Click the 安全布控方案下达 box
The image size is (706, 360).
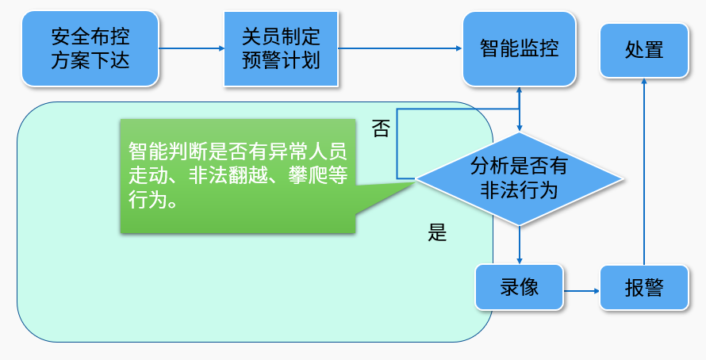(x=90, y=48)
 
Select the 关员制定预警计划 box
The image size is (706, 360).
(x=281, y=48)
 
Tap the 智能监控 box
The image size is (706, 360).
(x=519, y=48)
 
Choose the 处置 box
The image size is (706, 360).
(x=644, y=51)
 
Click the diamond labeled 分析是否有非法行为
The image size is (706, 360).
(x=519, y=178)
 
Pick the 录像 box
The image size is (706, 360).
(x=519, y=287)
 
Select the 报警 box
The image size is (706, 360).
(x=644, y=288)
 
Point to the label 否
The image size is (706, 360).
(x=381, y=128)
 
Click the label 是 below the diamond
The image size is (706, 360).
(x=437, y=232)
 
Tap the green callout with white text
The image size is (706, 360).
(x=238, y=176)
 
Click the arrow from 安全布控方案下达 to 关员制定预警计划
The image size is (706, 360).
(x=191, y=48)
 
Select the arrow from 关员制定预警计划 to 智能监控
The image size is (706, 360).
(x=401, y=48)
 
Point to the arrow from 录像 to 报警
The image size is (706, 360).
(x=581, y=291)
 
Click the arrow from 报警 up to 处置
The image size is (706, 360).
(x=644, y=171)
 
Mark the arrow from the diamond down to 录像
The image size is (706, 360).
(x=519, y=245)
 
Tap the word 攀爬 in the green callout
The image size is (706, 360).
(x=308, y=175)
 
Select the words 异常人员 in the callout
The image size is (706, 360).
(x=308, y=151)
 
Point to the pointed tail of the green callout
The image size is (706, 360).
(x=414, y=182)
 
